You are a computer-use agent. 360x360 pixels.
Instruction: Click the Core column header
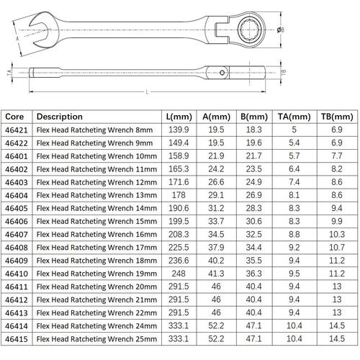pyautogui.click(x=14, y=117)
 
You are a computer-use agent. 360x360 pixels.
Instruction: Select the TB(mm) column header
pyautogui.click(x=337, y=117)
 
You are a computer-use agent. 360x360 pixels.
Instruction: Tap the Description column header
pyautogui.click(x=60, y=117)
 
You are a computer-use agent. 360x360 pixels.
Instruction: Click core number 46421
pyautogui.click(x=17, y=130)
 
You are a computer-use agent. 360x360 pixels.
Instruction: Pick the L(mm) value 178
pyautogui.click(x=179, y=195)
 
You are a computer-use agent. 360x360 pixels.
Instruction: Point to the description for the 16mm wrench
pyautogui.click(x=96, y=234)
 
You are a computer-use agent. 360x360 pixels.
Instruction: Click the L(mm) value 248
pyautogui.click(x=179, y=274)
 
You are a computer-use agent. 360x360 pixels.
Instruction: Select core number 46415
pyautogui.click(x=17, y=339)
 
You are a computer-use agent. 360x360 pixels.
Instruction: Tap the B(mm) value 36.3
pyautogui.click(x=253, y=274)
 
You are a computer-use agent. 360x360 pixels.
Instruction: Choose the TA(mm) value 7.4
pyautogui.click(x=294, y=182)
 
